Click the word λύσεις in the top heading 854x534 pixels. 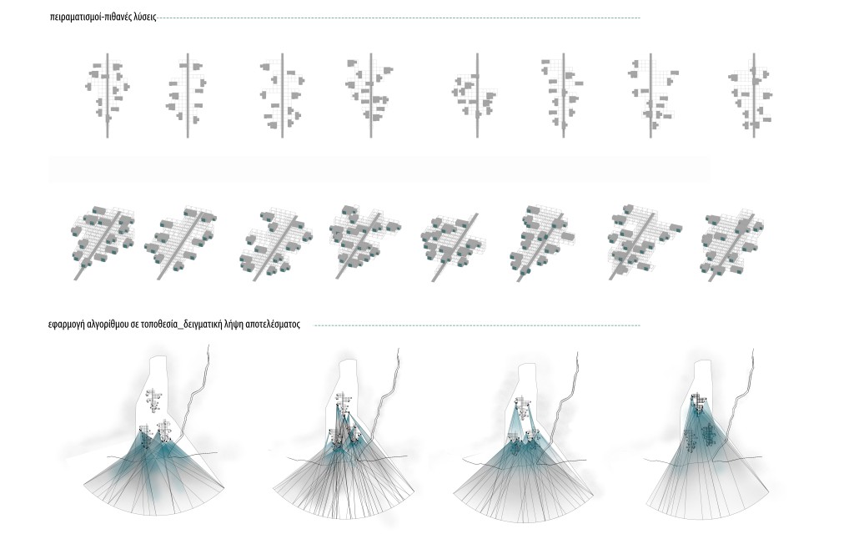pos(145,17)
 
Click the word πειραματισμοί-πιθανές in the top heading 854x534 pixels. pos(90,17)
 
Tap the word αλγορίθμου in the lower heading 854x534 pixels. pos(106,325)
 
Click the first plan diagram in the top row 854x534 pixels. pos(108,95)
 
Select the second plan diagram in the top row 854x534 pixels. pos(188,95)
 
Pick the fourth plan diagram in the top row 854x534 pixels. pos(370,95)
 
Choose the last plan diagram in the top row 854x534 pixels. pos(754,95)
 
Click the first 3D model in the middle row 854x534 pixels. pos(103,243)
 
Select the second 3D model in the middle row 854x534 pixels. pos(180,243)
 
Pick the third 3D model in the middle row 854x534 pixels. pos(276,244)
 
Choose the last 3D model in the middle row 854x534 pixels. pos(732,244)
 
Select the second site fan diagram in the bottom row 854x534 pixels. pos(341,433)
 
